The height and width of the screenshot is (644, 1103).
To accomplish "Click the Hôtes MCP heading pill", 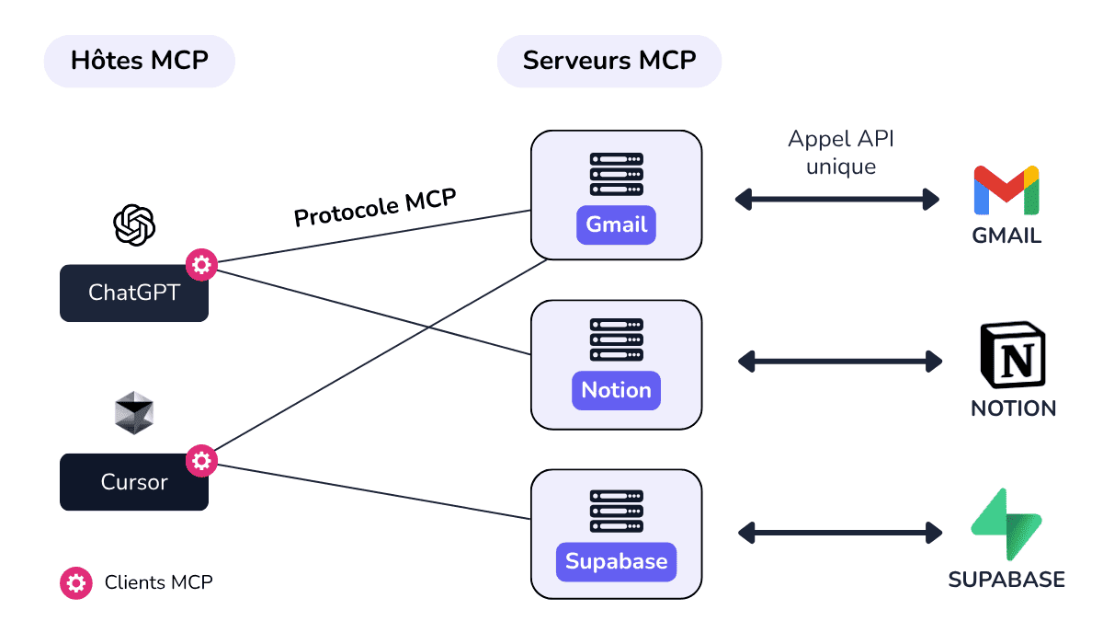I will (x=140, y=62).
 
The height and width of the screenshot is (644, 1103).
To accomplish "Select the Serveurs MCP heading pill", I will (x=609, y=62).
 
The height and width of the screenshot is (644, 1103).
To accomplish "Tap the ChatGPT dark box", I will (x=134, y=293).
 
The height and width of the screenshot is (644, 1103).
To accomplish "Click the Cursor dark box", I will (x=134, y=482).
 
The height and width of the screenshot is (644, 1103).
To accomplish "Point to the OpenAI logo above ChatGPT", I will (x=134, y=224).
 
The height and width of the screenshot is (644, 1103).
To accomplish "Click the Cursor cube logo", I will (x=134, y=413).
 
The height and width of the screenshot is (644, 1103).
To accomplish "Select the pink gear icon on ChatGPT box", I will (x=201, y=266).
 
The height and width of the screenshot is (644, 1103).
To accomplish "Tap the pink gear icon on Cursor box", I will (x=201, y=460).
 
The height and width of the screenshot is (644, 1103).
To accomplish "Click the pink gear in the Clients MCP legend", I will (x=76, y=582).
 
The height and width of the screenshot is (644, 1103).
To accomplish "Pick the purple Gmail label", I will (x=616, y=224).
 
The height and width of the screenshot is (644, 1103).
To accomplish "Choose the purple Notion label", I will (x=616, y=390).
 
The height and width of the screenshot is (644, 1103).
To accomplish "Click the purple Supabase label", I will (x=616, y=561).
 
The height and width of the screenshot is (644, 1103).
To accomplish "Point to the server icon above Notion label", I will (x=616, y=340).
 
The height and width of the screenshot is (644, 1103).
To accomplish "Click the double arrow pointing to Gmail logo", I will (x=837, y=198).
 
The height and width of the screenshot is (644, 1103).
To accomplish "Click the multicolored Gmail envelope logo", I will (x=1006, y=190).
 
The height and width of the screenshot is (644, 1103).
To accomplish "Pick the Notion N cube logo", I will (x=1013, y=356).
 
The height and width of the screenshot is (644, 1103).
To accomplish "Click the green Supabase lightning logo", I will (x=1006, y=524).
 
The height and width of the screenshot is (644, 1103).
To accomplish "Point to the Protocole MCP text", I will (x=375, y=208).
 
